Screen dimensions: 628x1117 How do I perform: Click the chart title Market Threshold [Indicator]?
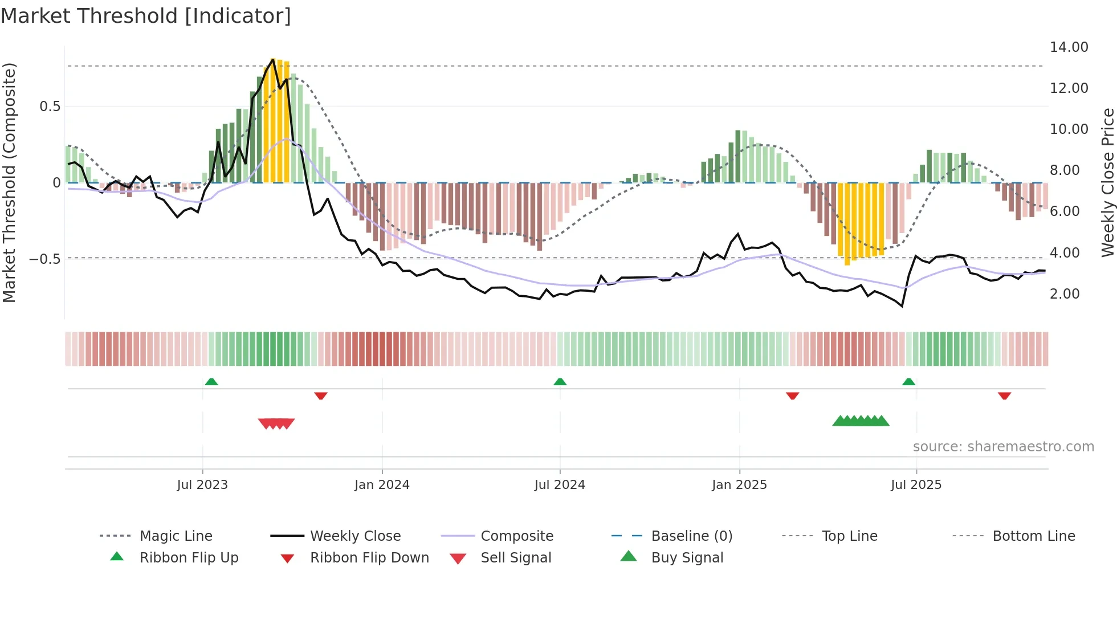[x=146, y=16]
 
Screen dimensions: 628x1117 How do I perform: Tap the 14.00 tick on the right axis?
[x=1069, y=47]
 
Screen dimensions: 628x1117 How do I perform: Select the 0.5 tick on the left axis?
[x=50, y=107]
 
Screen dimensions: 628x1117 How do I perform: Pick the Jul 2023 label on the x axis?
[x=202, y=485]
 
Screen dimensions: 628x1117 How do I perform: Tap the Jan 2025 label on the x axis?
[x=739, y=485]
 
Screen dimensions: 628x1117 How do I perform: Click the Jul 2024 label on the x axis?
[x=560, y=485]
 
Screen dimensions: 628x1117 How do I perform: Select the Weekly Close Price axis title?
[x=1107, y=182]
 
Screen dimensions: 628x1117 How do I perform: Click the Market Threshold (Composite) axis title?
[x=9, y=182]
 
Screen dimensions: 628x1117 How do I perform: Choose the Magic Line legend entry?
[x=176, y=536]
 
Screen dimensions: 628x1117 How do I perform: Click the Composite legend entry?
[x=516, y=536]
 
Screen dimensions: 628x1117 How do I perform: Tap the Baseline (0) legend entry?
[x=691, y=536]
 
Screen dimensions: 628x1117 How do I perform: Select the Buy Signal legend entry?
[x=687, y=558]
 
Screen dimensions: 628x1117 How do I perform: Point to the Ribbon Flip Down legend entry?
[x=369, y=558]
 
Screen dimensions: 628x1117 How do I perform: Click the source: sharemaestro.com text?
[x=1003, y=447]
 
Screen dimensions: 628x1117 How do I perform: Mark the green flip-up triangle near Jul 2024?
[x=560, y=382]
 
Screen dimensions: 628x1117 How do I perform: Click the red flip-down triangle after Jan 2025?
[x=792, y=395]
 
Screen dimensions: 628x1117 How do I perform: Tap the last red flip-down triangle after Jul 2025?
[x=1004, y=395]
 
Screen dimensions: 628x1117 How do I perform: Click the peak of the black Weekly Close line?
[x=273, y=59]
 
